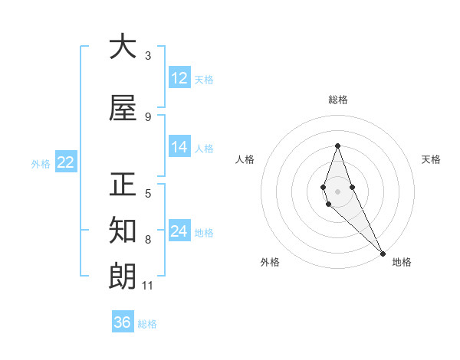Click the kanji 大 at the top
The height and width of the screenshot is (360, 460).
pyautogui.click(x=123, y=47)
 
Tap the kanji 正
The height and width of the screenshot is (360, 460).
pyautogui.click(x=123, y=185)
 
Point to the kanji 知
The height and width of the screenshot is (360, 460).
pyautogui.click(x=123, y=231)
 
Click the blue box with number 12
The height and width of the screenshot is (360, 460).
pyautogui.click(x=179, y=78)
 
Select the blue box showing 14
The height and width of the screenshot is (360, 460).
pyautogui.click(x=179, y=148)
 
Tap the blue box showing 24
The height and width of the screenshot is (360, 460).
pyautogui.click(x=179, y=231)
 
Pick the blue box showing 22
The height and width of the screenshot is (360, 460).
pyautogui.click(x=66, y=162)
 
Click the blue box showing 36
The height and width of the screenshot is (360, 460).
pyautogui.click(x=123, y=322)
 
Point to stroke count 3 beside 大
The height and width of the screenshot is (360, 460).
pyautogui.click(x=148, y=55)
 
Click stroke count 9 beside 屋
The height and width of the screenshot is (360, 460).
pyautogui.click(x=148, y=116)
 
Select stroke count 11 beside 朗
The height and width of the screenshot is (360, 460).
pyautogui.click(x=148, y=286)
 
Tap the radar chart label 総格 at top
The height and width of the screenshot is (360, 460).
pyautogui.click(x=338, y=100)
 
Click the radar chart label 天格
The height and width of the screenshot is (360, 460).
pyautogui.click(x=431, y=159)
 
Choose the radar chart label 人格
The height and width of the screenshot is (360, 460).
pyautogui.click(x=245, y=159)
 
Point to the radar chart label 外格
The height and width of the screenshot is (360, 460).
pyautogui.click(x=270, y=262)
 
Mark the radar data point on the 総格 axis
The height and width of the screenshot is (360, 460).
pyautogui.click(x=338, y=146)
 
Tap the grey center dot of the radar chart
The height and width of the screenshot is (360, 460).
pyautogui.click(x=338, y=191)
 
